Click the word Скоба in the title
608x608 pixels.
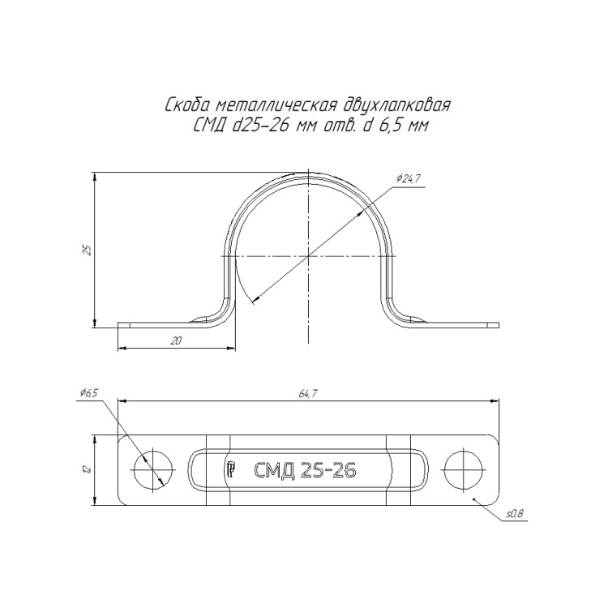tap(187, 105)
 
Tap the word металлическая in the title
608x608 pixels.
tap(276, 105)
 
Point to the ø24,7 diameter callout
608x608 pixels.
tap(409, 179)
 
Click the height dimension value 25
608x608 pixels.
tap(88, 250)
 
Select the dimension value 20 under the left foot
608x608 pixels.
tap(176, 340)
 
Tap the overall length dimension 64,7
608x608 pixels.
tap(308, 393)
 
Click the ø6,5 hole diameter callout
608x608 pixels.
tap(89, 393)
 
